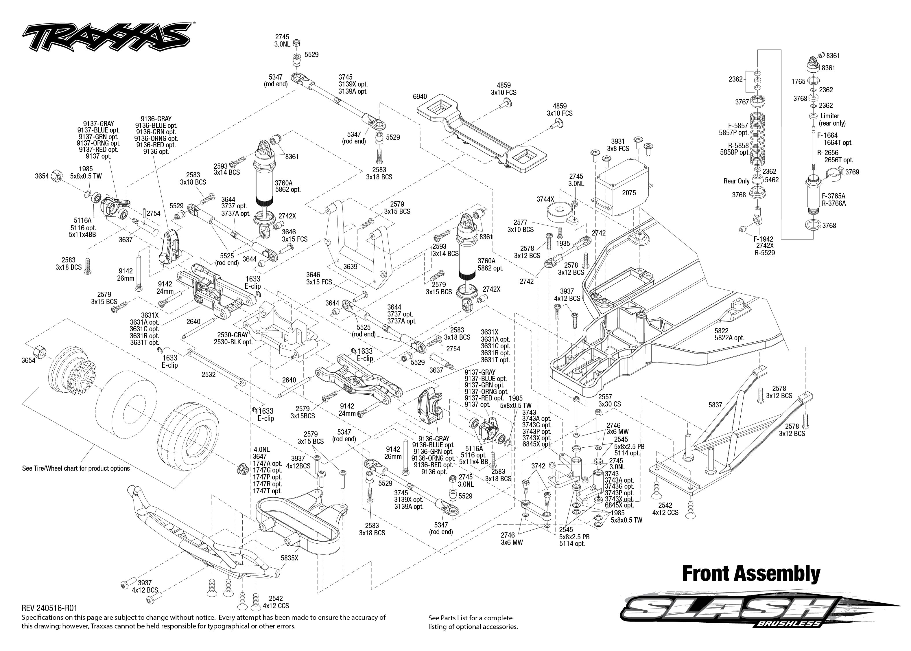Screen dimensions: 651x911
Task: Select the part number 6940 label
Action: click(420, 97)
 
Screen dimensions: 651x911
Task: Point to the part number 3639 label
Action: click(350, 266)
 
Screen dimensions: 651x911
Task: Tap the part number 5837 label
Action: click(715, 405)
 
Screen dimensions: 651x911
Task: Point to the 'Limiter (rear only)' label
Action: click(832, 119)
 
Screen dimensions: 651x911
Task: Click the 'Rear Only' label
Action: click(736, 181)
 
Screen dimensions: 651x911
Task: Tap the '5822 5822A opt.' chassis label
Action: click(729, 334)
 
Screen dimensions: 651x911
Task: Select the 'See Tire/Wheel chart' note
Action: click(76, 468)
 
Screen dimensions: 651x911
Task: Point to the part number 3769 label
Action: click(852, 172)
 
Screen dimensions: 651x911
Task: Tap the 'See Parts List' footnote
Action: click(473, 622)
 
